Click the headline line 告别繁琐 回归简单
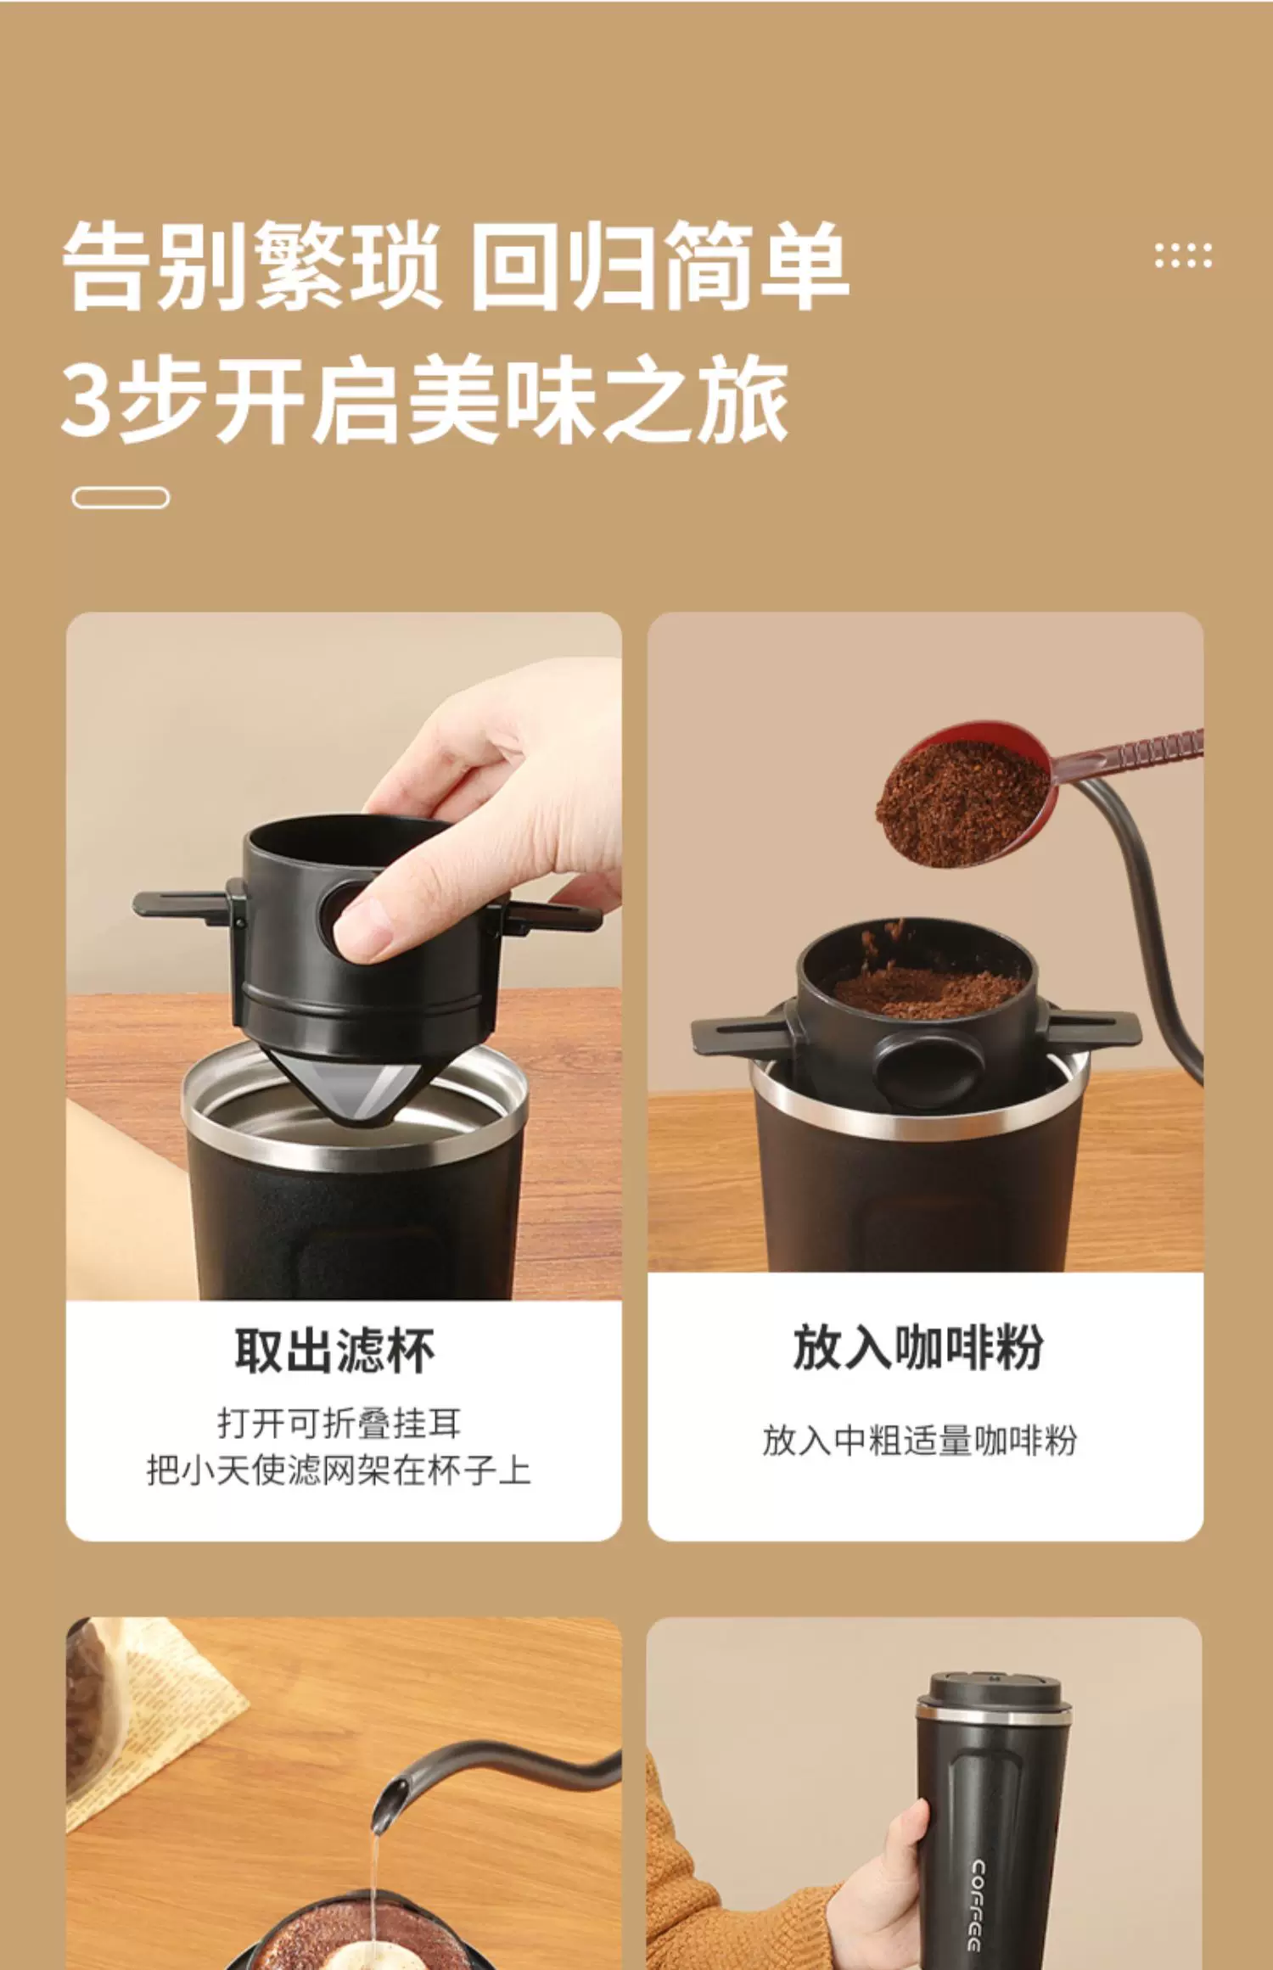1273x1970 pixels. (456, 265)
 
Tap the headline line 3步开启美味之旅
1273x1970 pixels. (425, 400)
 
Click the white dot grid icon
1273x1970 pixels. (1183, 255)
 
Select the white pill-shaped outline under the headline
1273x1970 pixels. (121, 497)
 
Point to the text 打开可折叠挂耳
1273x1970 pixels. (339, 1423)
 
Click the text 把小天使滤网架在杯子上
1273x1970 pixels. (339, 1470)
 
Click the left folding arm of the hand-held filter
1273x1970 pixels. (182, 904)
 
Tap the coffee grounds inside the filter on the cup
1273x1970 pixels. (928, 991)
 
